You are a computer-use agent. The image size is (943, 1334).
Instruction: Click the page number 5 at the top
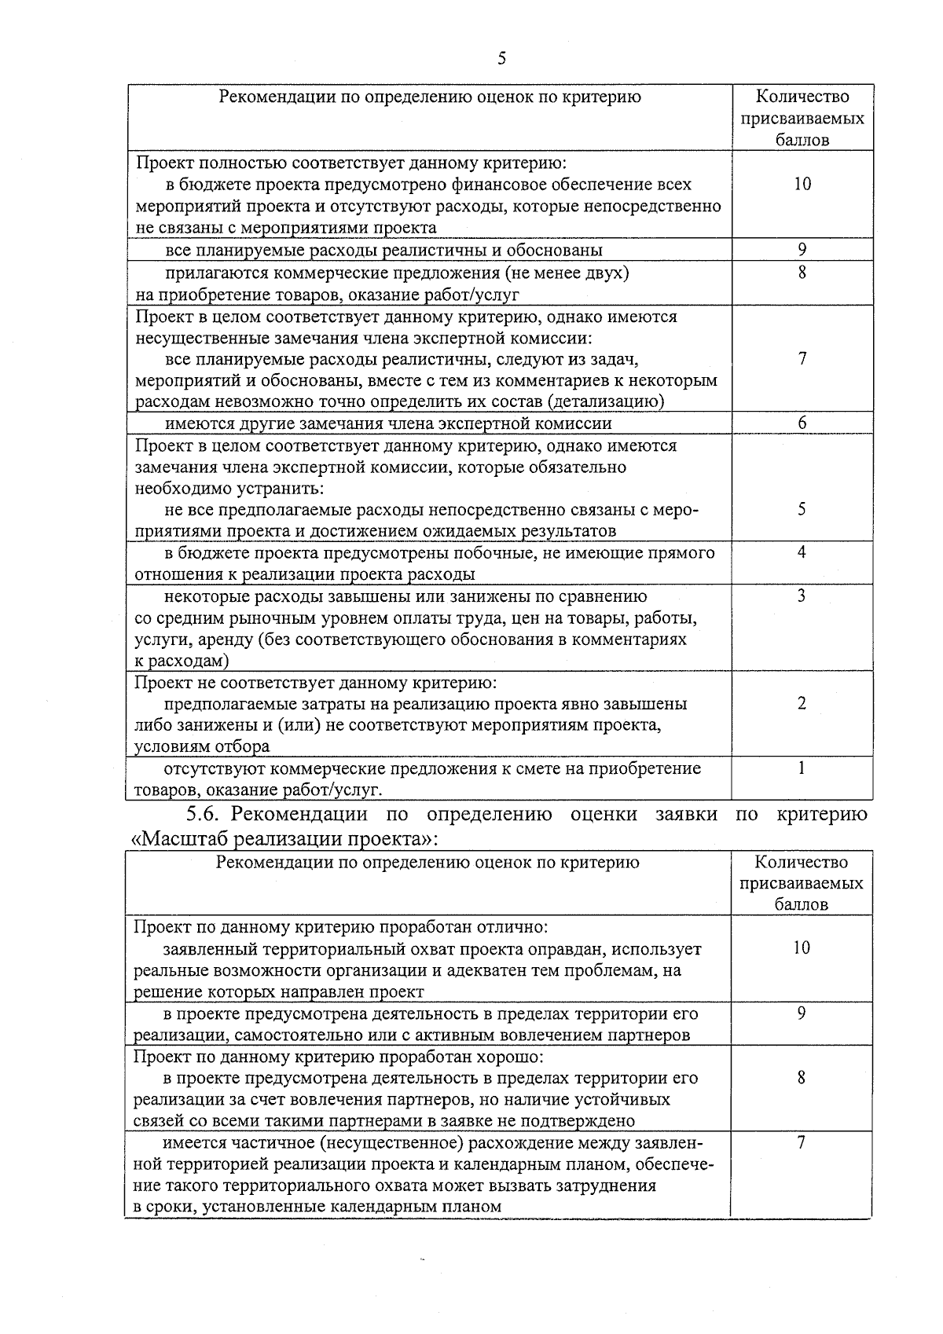pos(501,59)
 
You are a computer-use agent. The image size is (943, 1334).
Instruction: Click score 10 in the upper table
pos(802,184)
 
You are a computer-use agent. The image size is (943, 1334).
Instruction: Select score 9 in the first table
pos(802,250)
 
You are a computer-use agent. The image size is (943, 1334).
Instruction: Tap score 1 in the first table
pos(802,768)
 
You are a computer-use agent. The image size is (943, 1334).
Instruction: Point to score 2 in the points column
pos(802,703)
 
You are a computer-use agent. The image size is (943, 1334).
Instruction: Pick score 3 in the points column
pos(802,596)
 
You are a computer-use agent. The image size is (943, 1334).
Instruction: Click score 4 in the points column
pos(802,552)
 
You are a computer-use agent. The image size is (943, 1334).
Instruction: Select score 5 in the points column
pos(802,509)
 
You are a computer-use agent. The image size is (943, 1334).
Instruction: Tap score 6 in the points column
pos(802,423)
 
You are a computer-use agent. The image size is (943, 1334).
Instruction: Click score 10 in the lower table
pos(801,948)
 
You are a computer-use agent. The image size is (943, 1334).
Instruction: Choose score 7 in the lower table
pos(801,1143)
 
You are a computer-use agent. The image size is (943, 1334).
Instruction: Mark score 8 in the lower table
pos(801,1078)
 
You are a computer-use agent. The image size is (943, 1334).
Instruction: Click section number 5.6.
pos(203,814)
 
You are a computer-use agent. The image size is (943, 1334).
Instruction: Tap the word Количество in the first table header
pos(802,97)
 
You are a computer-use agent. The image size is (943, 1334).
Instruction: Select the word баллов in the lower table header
pos(801,904)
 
